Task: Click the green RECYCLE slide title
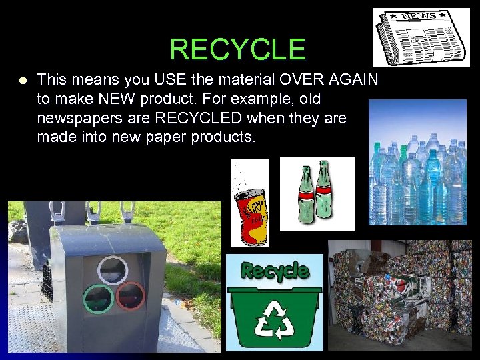pos(237,49)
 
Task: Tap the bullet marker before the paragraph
pos(23,81)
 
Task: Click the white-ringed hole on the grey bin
pos(112,271)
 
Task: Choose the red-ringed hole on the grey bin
pos(131,295)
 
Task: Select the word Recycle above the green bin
pos(275,271)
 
